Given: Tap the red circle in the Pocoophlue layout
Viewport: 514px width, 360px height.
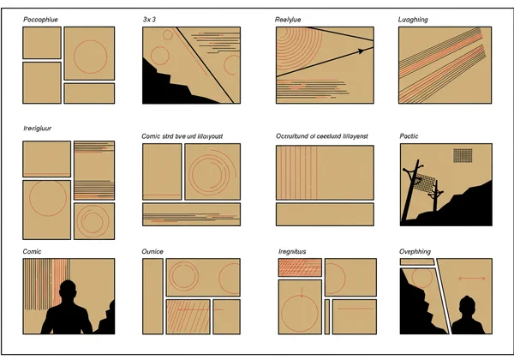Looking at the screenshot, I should click(88, 54).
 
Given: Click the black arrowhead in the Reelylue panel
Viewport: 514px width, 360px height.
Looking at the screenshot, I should click(360, 51).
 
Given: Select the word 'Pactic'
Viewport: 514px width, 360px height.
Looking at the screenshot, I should click(409, 136).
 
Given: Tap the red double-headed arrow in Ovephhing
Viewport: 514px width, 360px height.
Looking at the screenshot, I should click(469, 279).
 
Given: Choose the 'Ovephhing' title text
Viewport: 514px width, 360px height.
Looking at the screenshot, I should click(420, 251).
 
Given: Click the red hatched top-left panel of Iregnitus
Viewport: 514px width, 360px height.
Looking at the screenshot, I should click(300, 267).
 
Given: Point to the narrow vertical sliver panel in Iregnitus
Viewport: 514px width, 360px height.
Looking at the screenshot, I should click(326, 315).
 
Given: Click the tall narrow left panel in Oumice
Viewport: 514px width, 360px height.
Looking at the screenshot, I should click(152, 296).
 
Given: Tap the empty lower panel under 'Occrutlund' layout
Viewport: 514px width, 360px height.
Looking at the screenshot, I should click(325, 214).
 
